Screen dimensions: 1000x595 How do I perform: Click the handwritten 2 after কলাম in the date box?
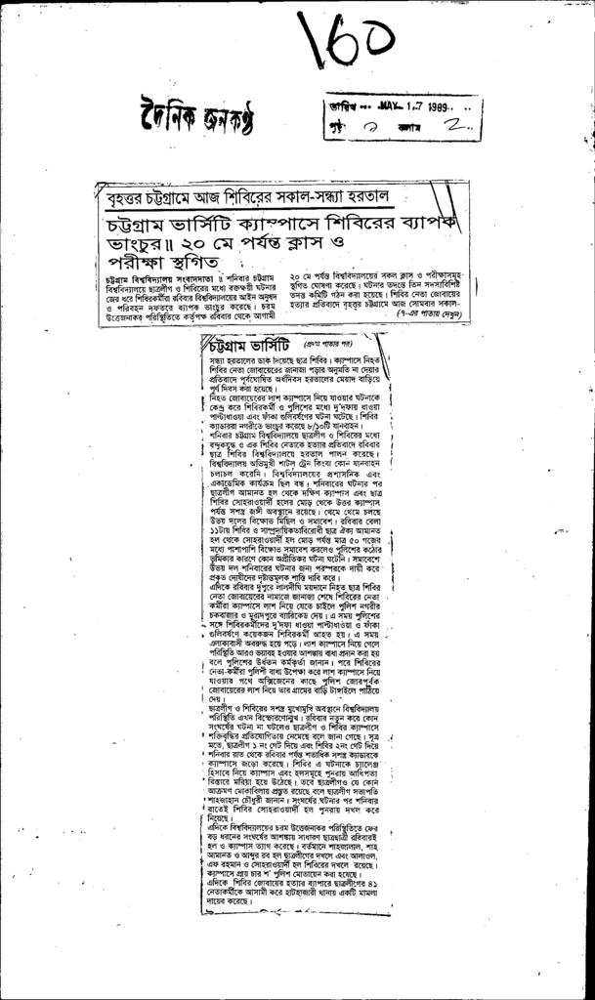455,128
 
